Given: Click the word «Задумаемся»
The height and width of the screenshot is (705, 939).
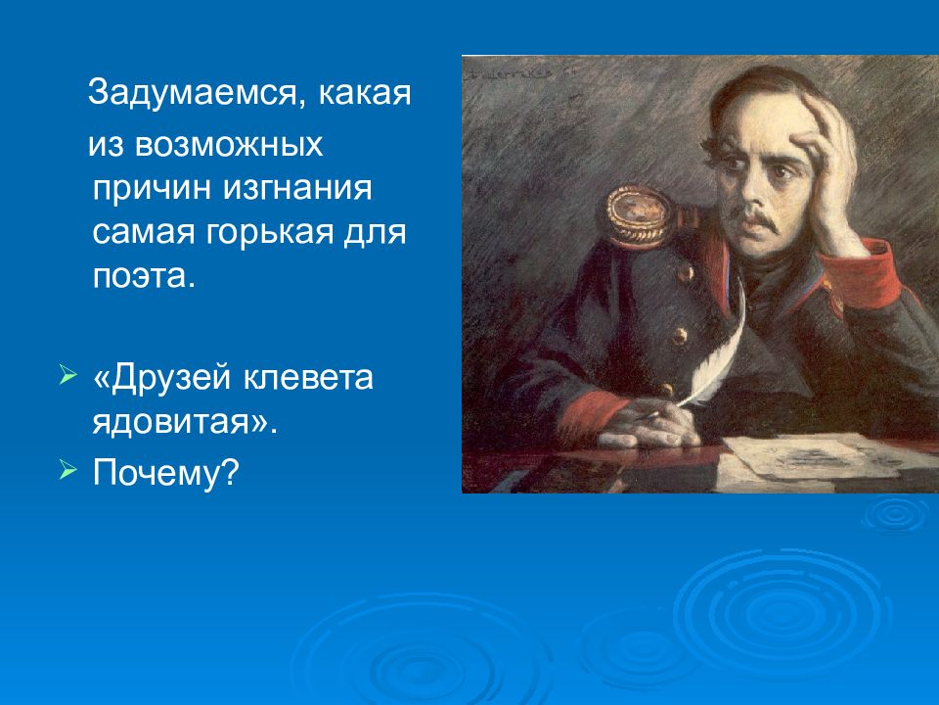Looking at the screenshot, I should tap(191, 95).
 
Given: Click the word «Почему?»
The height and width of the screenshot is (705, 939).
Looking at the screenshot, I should tap(165, 473).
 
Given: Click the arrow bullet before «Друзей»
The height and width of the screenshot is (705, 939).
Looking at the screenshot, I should tap(67, 377).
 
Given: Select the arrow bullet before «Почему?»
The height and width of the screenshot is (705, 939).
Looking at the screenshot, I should tap(67, 471).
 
